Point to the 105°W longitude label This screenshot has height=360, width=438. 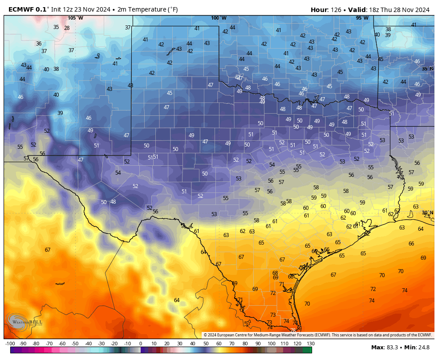[75, 18]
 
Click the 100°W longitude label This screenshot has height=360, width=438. [219, 18]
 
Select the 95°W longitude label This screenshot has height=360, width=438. [362, 18]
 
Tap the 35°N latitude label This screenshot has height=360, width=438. [428, 69]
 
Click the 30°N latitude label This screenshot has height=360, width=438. [428, 213]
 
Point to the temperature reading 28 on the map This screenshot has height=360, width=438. [67, 28]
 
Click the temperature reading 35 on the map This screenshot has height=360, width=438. [56, 27]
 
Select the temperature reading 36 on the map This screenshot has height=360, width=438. [39, 43]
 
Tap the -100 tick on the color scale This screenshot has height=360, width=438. [10, 344]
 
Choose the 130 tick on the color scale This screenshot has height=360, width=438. [310, 344]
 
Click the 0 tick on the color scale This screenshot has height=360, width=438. [141, 344]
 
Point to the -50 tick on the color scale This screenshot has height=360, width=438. [75, 344]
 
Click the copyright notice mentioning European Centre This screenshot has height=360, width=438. [318, 335]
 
